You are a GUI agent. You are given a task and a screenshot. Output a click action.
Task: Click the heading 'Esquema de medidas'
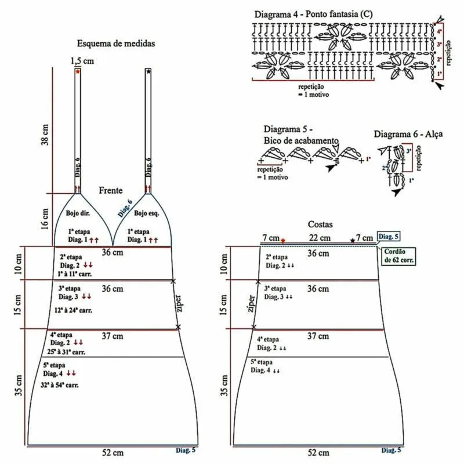(x=117, y=43)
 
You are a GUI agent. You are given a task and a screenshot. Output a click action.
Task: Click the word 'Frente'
(x=111, y=190)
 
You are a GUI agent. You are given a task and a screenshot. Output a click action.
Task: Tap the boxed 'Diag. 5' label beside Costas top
(x=388, y=236)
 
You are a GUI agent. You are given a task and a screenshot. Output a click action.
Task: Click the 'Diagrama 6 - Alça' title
(x=408, y=134)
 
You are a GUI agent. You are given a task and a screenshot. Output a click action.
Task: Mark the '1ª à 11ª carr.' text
(x=76, y=273)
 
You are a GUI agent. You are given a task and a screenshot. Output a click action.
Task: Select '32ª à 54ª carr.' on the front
(x=61, y=385)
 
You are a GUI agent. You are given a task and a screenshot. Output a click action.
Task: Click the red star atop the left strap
(x=78, y=71)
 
